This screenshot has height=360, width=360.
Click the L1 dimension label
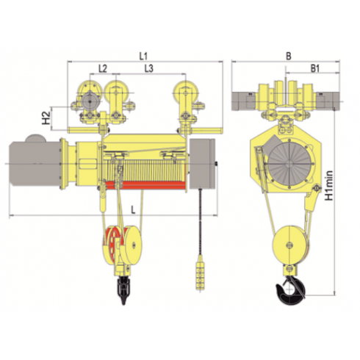(x=143, y=56)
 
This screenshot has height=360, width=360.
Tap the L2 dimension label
(x=103, y=69)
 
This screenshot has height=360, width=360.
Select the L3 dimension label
(x=148, y=69)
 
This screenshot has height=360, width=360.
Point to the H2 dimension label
(x=46, y=118)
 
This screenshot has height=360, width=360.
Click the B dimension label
(x=289, y=56)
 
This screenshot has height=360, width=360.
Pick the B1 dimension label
(x=315, y=69)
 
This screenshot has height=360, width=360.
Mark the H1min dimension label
(x=330, y=186)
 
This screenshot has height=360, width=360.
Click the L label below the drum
(x=133, y=210)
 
